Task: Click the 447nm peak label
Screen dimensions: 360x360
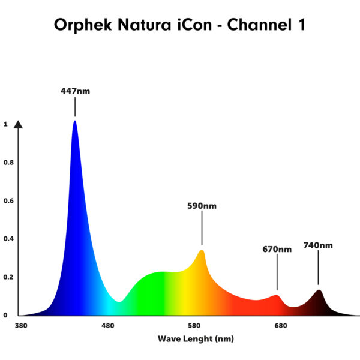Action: pyautogui.click(x=75, y=91)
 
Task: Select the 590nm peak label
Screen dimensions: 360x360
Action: pyautogui.click(x=202, y=206)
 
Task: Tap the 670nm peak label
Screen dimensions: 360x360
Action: pyautogui.click(x=277, y=249)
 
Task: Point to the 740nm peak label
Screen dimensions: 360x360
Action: pyautogui.click(x=318, y=245)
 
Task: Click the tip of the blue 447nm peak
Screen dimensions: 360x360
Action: pyautogui.click(x=75, y=121)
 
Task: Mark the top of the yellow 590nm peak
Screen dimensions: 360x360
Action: pyautogui.click(x=202, y=250)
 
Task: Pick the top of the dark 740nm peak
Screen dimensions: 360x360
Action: pyautogui.click(x=319, y=290)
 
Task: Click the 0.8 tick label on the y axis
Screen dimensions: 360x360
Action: pyautogui.click(x=8, y=163)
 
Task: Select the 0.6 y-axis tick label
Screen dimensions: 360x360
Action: pyautogui.click(x=8, y=200)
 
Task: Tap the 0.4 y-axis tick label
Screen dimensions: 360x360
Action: pyautogui.click(x=8, y=239)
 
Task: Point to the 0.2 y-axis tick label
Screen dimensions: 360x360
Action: pyautogui.click(x=8, y=277)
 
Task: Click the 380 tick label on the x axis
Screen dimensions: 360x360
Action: pyautogui.click(x=21, y=326)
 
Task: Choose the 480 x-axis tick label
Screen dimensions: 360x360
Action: pyautogui.click(x=107, y=326)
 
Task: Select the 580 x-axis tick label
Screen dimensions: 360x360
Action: pyautogui.click(x=194, y=326)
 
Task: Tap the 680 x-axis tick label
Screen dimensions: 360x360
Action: pyautogui.click(x=281, y=326)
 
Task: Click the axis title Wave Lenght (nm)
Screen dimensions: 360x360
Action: pyautogui.click(x=196, y=339)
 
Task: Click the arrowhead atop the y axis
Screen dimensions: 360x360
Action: pyautogui.click(x=18, y=124)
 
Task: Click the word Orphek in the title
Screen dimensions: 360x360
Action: pyautogui.click(x=83, y=25)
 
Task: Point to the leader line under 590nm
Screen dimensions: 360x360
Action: pyautogui.click(x=202, y=228)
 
